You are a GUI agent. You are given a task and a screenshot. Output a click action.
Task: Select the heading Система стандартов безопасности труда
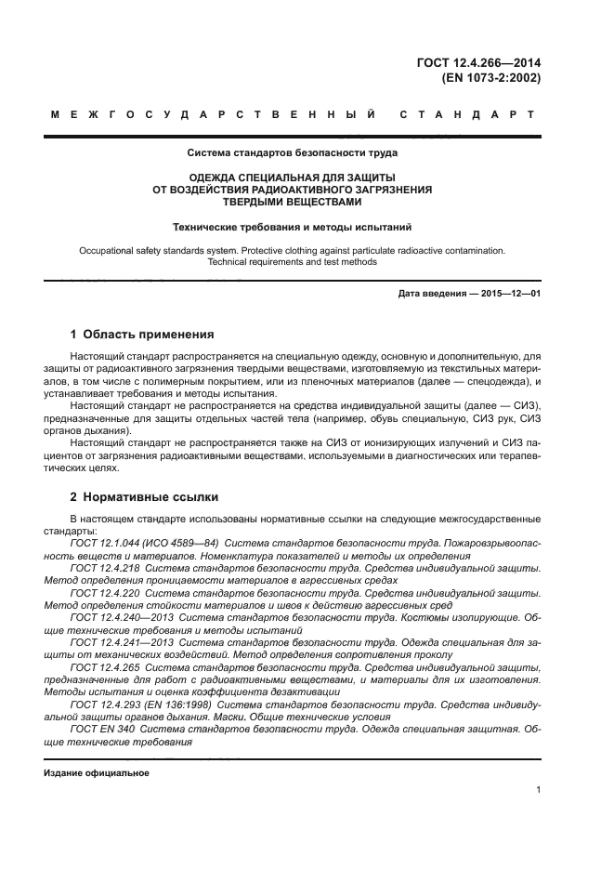(x=293, y=152)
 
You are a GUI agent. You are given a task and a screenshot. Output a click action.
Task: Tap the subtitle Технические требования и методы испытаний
(x=293, y=226)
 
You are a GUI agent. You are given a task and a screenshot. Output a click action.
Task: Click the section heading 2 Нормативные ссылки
(x=145, y=497)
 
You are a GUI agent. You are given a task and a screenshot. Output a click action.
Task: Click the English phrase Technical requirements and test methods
(x=293, y=262)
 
